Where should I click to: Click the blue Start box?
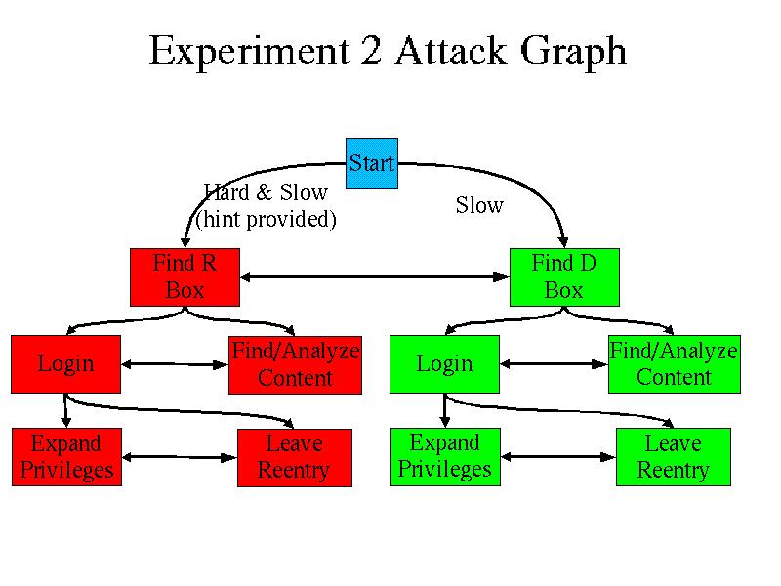coord(372,163)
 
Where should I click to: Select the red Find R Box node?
coord(185,277)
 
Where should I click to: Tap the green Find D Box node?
coord(564,277)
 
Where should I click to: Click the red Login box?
coord(65,364)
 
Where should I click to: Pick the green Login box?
coord(444,364)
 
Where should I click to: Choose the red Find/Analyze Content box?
coord(295,364)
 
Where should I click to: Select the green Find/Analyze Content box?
coord(674,364)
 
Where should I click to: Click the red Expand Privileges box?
coord(66,457)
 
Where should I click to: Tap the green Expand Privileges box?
coord(445,457)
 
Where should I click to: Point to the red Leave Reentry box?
coord(294,457)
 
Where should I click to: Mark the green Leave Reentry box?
coord(673,457)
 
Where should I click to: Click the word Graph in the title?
coord(575,52)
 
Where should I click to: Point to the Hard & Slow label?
coord(266,192)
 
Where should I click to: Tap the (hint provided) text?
coord(266,220)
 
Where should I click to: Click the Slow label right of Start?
coord(479,205)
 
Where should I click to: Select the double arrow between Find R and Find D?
coord(375,278)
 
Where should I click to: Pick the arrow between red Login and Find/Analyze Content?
coord(176,365)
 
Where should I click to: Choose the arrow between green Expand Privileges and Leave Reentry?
coord(554,457)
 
